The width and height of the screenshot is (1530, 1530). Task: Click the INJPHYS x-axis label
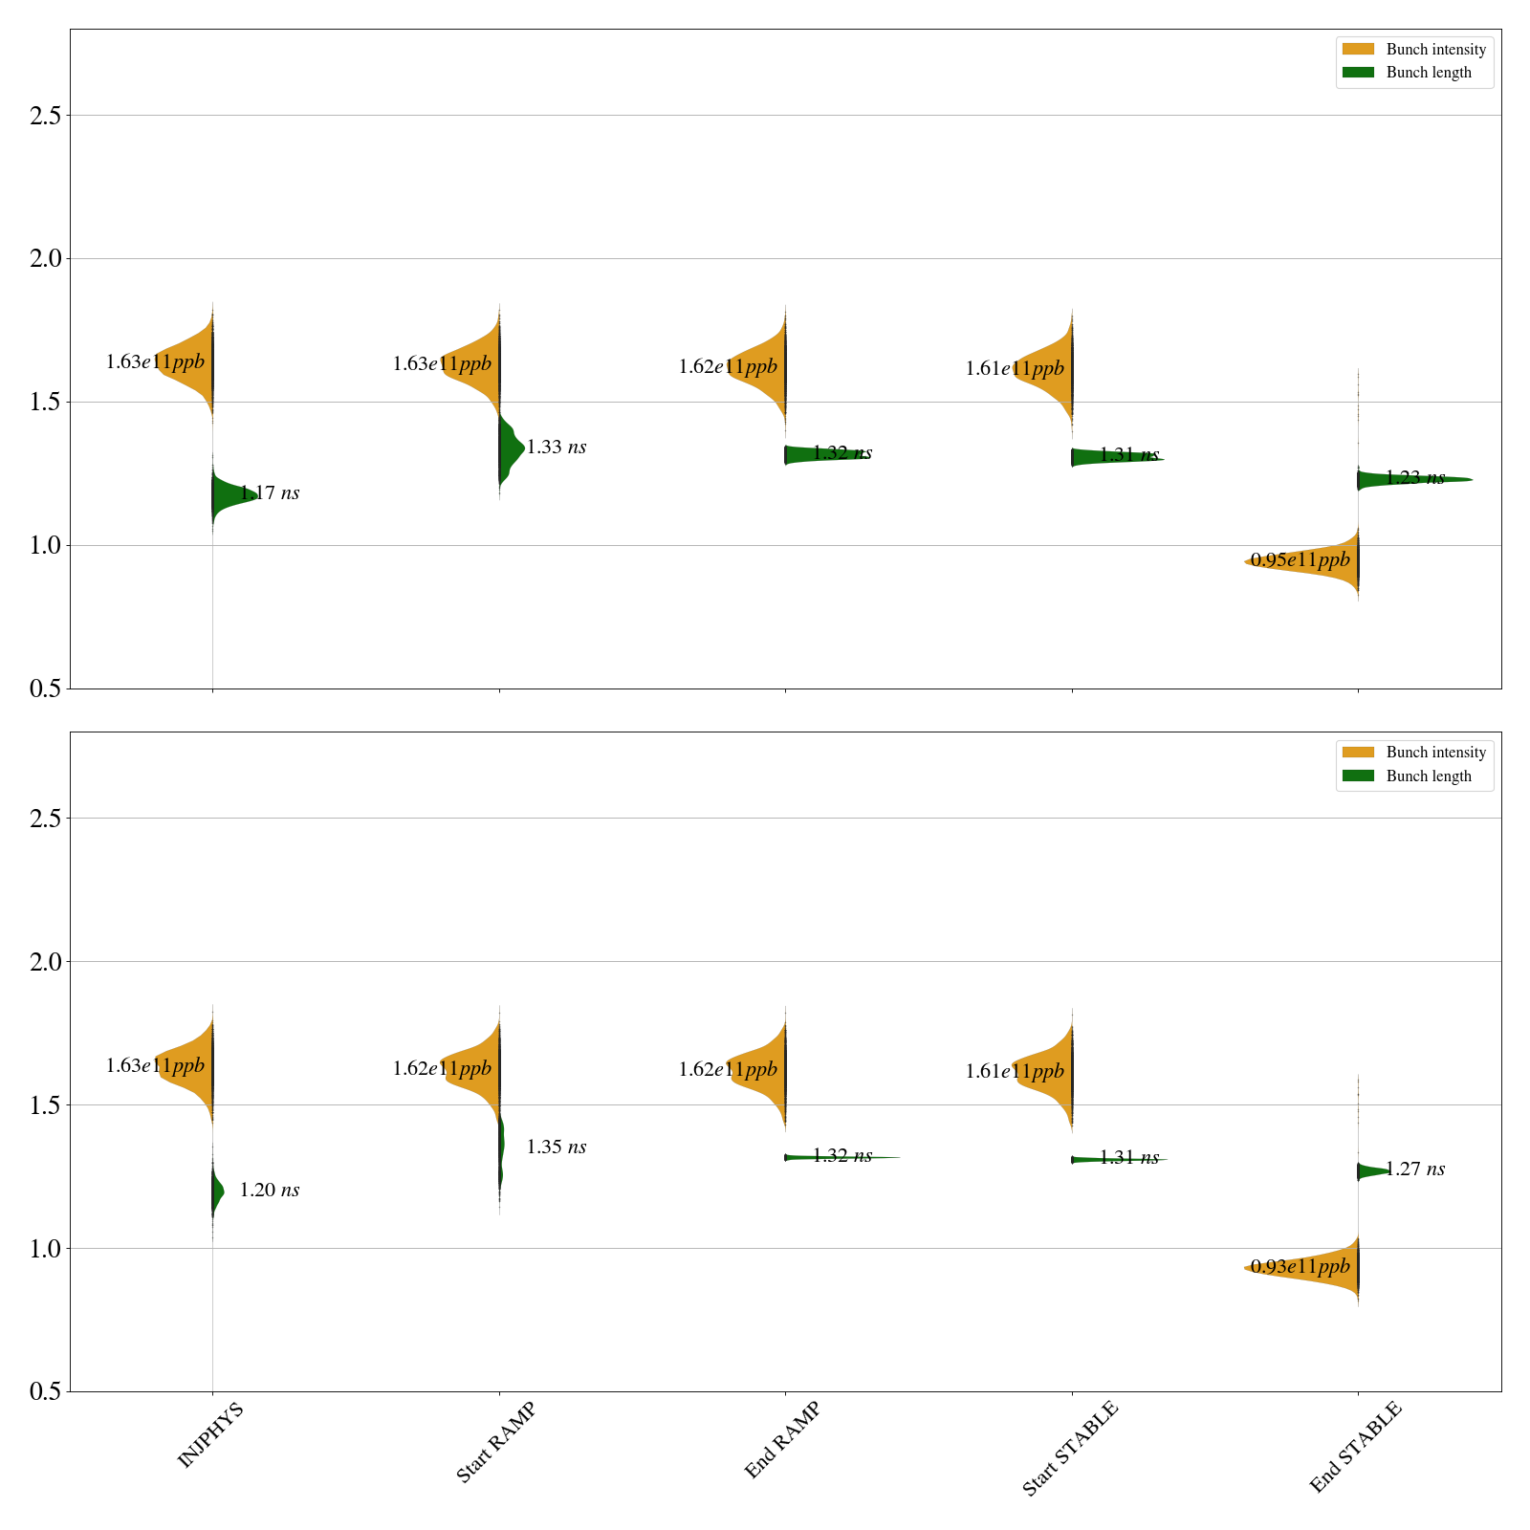point(210,1434)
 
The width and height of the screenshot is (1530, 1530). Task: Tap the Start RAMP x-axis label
point(495,1442)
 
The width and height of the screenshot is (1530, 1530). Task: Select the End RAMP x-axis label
point(782,1440)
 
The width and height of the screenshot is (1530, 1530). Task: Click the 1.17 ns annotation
point(270,493)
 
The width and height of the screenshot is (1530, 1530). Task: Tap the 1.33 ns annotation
point(557,448)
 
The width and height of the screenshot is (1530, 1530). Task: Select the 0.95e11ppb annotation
point(1300,559)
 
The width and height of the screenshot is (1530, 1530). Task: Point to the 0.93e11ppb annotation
point(1300,1267)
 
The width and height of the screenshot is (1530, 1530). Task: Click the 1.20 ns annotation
point(270,1191)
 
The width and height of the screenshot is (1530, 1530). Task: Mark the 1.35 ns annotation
point(557,1147)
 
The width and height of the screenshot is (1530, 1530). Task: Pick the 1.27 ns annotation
point(1415,1169)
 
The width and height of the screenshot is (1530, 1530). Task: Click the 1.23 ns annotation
point(1415,478)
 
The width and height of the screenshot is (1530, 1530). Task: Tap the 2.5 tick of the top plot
point(45,116)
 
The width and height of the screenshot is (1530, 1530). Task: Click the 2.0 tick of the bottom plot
point(45,962)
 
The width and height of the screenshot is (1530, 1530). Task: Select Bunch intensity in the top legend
point(1435,50)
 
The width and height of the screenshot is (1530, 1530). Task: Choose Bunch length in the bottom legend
point(1429,776)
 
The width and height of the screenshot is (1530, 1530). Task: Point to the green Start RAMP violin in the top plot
point(511,448)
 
